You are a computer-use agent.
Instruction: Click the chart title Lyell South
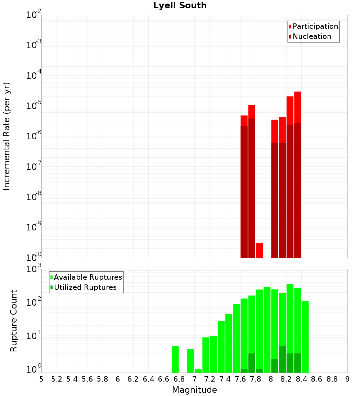(x=180, y=6)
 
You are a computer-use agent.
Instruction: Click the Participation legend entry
(x=315, y=26)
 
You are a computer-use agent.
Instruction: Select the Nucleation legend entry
(x=312, y=36)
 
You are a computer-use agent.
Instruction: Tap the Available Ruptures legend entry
(x=88, y=277)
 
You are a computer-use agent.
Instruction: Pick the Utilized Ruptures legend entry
(x=85, y=287)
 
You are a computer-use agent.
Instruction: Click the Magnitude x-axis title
(x=194, y=390)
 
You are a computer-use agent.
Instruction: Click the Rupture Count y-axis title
(x=14, y=320)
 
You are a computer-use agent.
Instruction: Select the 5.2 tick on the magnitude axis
(x=57, y=379)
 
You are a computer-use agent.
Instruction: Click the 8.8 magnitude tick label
(x=332, y=379)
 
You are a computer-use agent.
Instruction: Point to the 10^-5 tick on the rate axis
(x=34, y=106)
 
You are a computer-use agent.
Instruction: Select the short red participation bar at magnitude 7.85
(x=259, y=250)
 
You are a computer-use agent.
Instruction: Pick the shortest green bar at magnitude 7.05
(x=198, y=371)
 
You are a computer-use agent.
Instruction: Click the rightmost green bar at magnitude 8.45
(x=305, y=337)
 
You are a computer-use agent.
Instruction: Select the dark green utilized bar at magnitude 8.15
(x=282, y=359)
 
